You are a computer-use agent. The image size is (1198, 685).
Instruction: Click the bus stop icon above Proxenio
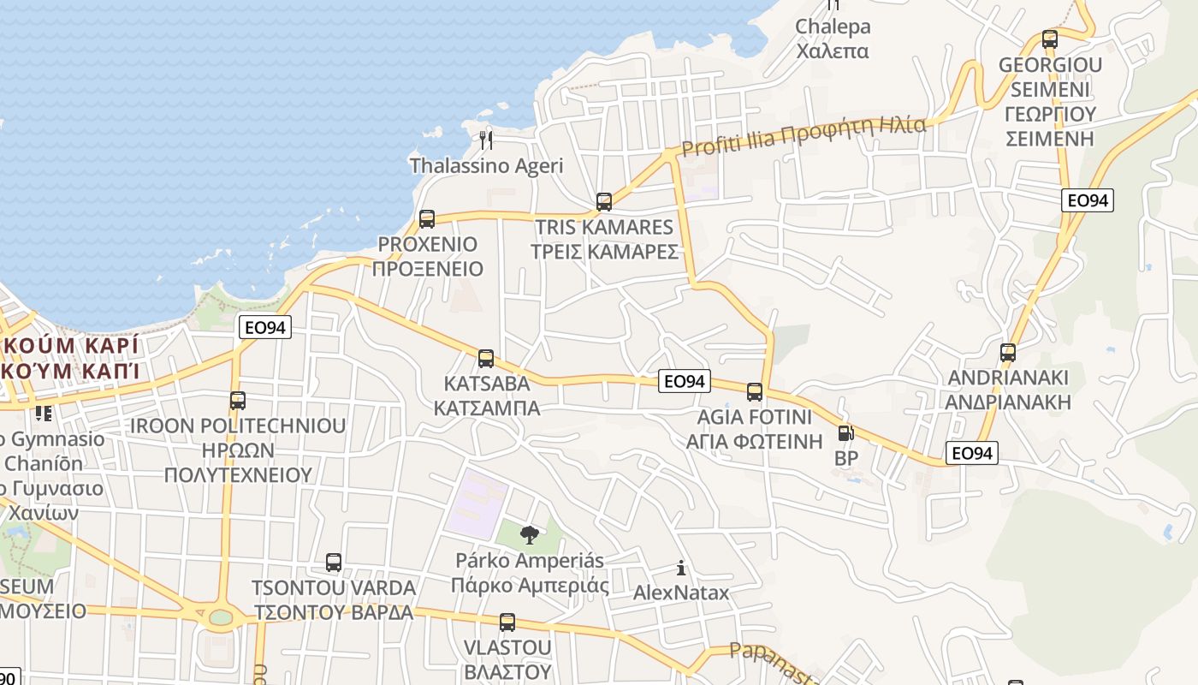427,218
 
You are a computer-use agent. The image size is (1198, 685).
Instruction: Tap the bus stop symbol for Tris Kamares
604,202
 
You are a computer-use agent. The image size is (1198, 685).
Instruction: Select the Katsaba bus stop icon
486,358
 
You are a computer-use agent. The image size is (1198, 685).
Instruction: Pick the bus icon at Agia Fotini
754,392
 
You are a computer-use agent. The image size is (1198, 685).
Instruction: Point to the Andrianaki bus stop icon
1008,352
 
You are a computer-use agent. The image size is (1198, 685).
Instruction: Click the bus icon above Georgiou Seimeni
1050,39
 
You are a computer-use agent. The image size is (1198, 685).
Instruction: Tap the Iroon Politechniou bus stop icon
238,400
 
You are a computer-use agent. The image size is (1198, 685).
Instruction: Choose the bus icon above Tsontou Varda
334,563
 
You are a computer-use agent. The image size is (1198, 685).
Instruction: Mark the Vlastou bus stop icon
507,622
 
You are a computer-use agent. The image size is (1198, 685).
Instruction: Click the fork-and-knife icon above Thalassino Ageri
486,140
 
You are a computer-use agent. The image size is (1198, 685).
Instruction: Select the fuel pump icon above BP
845,434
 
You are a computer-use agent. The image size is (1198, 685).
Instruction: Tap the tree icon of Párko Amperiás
530,536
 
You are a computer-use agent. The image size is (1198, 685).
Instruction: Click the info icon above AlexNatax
681,568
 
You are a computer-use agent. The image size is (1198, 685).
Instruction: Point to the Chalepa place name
833,27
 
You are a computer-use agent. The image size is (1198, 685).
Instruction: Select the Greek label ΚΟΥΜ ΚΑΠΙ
72,372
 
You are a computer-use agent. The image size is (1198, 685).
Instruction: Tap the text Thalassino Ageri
486,165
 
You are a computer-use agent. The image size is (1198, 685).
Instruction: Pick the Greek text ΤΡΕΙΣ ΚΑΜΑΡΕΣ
604,252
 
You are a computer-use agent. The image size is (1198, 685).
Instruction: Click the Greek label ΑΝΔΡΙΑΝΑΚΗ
1008,402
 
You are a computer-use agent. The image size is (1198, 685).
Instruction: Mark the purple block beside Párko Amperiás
477,504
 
